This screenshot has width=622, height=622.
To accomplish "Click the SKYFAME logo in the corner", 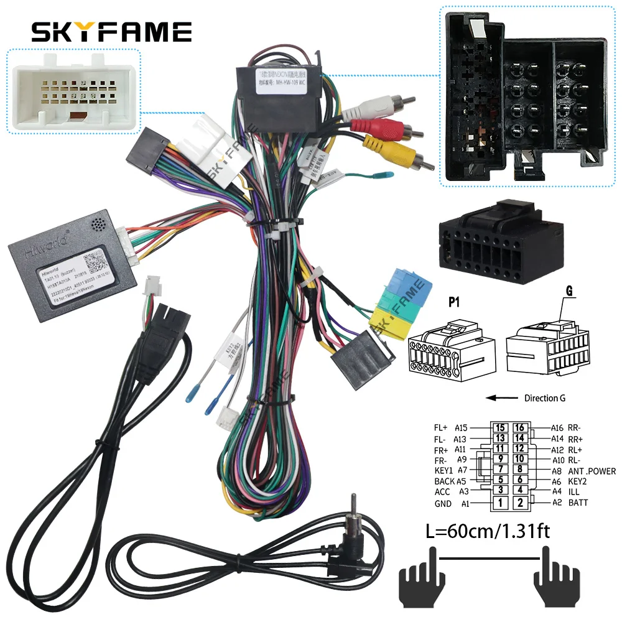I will tap(111, 31).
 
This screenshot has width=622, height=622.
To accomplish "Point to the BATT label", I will tap(578, 503).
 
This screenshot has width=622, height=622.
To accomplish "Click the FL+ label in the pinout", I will tap(441, 428).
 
